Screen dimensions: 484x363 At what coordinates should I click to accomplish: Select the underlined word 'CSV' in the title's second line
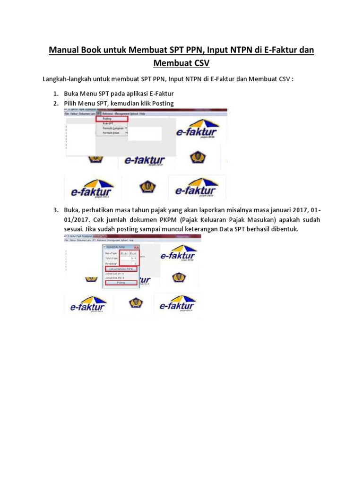[x=200, y=63]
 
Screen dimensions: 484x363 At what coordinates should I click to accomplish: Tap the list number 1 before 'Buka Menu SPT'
[x=55, y=94]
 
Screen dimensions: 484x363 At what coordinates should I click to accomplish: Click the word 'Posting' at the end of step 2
[x=163, y=103]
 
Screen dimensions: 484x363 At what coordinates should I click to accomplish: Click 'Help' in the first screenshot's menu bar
[x=142, y=114]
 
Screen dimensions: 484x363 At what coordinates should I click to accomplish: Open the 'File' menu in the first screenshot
[x=67, y=114]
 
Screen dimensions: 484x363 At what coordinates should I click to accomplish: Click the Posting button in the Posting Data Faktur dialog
[x=121, y=283]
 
